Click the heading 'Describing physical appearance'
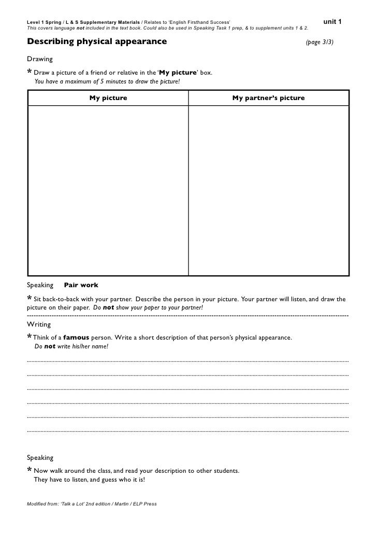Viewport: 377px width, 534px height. [97, 41]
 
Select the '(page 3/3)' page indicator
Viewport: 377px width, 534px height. [320, 41]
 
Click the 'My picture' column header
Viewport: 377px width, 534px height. [108, 97]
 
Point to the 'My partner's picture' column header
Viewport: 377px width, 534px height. [268, 97]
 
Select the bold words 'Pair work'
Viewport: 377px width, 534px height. [81, 285]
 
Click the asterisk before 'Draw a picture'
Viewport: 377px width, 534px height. [30, 72]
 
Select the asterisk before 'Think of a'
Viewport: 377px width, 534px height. [30, 338]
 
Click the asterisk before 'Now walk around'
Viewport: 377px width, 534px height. [30, 471]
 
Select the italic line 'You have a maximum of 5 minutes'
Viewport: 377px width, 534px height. [108, 81]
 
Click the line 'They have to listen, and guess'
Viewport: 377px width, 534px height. [89, 480]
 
